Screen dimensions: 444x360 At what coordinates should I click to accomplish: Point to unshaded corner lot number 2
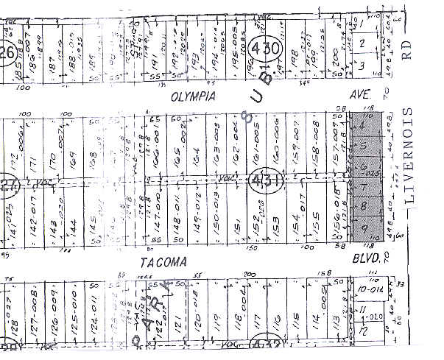(362, 44)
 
